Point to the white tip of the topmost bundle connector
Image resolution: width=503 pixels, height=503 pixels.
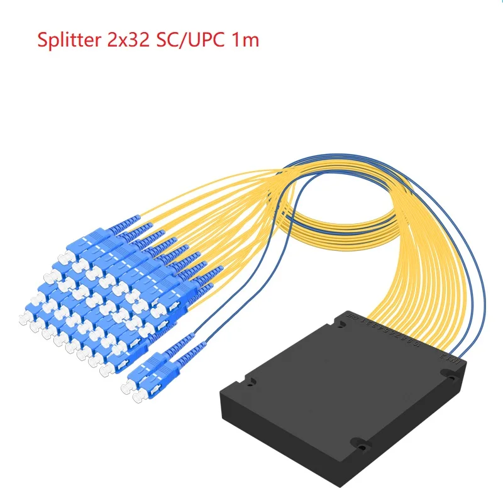(64, 258)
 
